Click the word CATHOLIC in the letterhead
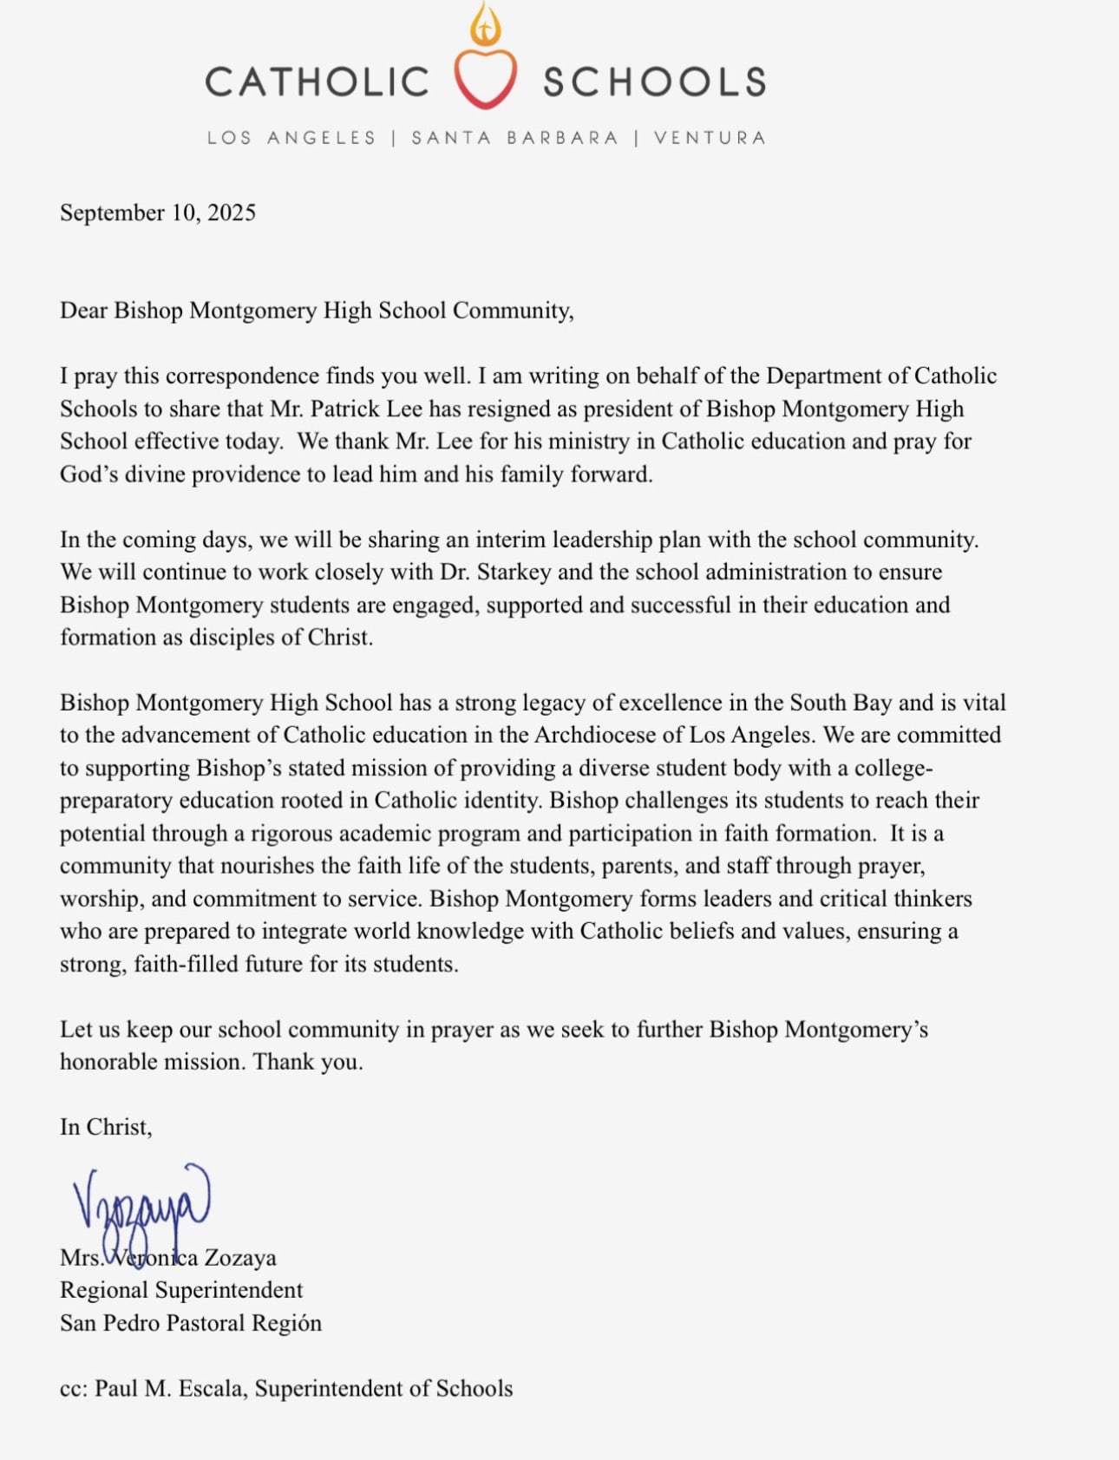(317, 82)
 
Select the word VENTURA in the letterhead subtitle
(710, 138)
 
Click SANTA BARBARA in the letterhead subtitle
(514, 138)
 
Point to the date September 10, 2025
(158, 213)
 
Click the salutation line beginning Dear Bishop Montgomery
(317, 311)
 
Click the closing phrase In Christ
(106, 1127)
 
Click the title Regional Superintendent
(181, 1290)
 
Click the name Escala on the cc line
(211, 1388)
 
